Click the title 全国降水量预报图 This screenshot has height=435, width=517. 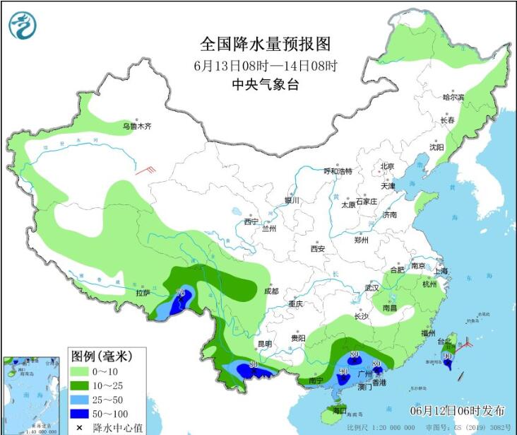pos(265,44)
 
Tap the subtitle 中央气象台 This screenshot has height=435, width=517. pos(265,84)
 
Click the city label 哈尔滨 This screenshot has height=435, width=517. pos(453,97)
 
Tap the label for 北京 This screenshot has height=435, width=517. pos(386,167)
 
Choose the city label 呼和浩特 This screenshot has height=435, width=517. pos(338,171)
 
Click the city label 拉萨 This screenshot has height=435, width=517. pos(143,292)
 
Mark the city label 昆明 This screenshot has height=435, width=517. pos(264,344)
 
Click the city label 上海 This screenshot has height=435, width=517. pos(441,271)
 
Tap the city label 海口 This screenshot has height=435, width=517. pos(340,410)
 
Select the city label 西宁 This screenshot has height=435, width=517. pos(251,221)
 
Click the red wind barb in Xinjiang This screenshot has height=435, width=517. pos(147,170)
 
